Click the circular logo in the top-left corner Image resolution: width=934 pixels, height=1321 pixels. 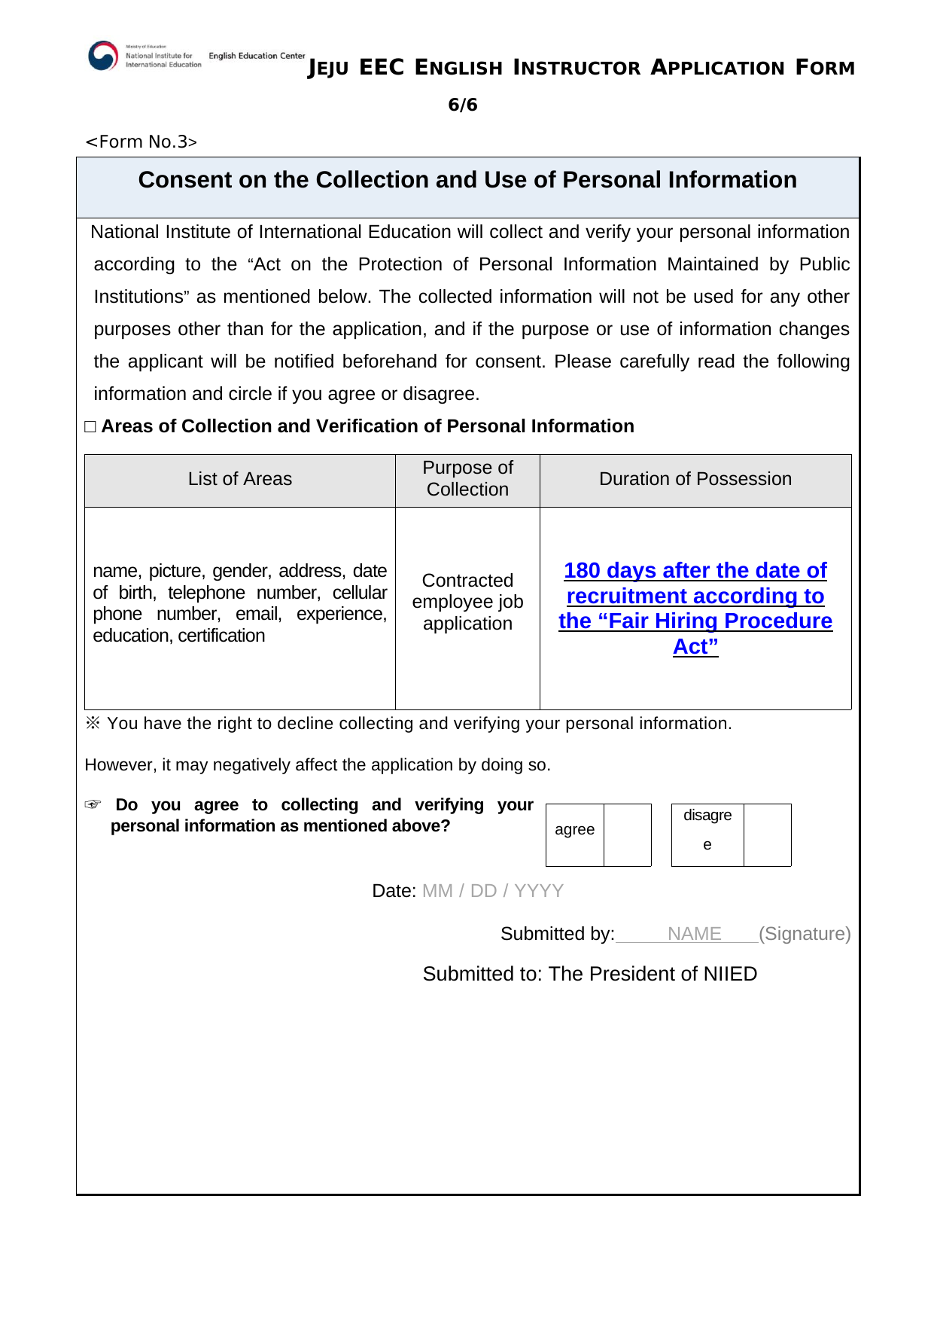point(103,56)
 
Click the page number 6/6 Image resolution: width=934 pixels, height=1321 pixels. point(462,105)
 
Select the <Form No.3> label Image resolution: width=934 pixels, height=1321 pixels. point(141,142)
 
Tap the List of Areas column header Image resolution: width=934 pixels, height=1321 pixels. point(239,479)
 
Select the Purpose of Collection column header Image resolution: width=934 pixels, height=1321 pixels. point(467,479)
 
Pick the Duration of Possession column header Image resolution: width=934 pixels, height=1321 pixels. point(695,479)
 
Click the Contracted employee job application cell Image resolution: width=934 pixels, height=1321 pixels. point(467,602)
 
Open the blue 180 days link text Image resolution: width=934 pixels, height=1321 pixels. point(695,571)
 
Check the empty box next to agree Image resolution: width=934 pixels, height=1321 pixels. point(627,834)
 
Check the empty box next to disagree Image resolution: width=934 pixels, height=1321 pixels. point(767,834)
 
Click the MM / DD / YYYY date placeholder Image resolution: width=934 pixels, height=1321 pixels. point(492,891)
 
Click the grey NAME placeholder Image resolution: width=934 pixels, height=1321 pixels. point(694,934)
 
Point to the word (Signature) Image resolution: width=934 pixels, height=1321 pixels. point(805,934)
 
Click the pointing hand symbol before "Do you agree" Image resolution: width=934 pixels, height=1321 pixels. point(93,805)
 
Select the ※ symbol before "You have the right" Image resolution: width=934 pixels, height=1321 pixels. point(93,723)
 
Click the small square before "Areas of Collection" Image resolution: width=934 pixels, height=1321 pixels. point(91,427)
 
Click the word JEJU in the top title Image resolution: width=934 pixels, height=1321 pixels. point(329,69)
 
